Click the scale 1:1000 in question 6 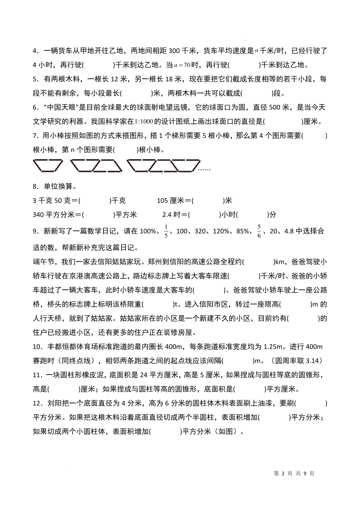pyautogui.click(x=140, y=122)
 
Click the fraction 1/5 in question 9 pyautogui.click(x=166, y=231)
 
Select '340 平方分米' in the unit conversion pyautogui.click(x=53, y=215)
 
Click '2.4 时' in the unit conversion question pyautogui.click(x=173, y=215)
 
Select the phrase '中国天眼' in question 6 pyautogui.click(x=62, y=108)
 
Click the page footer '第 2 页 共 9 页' pyautogui.click(x=294, y=473)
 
